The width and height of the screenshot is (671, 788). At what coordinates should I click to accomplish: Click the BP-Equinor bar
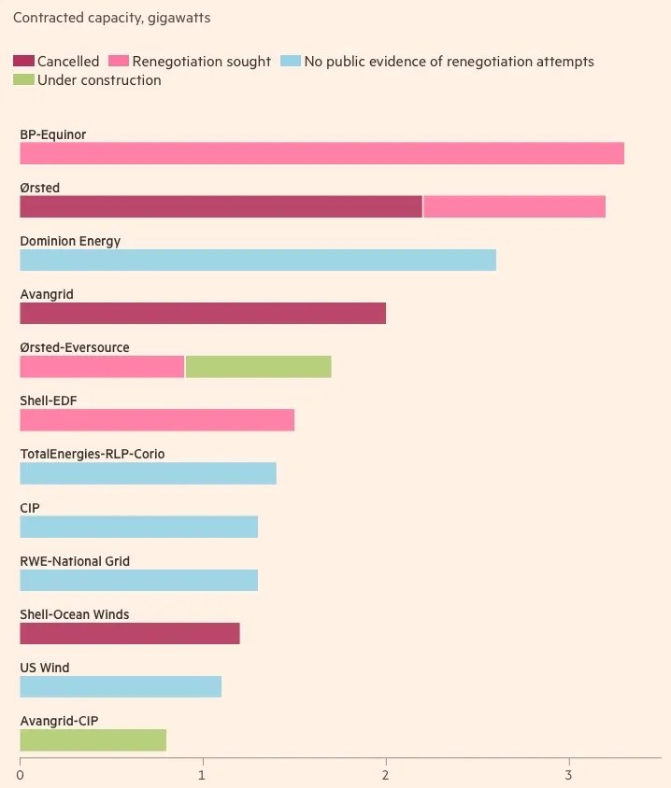tap(321, 153)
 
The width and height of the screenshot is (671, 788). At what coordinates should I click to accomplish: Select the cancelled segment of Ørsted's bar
tap(221, 206)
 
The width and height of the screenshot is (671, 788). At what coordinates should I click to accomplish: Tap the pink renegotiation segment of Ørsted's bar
tap(514, 206)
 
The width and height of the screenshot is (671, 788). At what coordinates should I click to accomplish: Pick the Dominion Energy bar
tap(258, 260)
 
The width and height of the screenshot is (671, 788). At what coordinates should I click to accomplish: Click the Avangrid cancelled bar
tap(203, 313)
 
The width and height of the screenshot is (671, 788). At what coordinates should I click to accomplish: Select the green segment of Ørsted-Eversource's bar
tap(258, 366)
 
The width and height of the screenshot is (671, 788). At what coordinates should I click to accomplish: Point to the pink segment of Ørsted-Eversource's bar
tap(102, 366)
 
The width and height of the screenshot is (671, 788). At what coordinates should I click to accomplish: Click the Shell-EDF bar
tap(157, 419)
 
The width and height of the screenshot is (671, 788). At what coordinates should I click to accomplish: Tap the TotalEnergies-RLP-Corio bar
tap(148, 473)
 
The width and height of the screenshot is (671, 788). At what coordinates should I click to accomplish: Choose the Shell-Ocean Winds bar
tap(130, 633)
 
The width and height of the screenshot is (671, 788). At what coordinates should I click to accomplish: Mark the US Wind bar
tap(121, 686)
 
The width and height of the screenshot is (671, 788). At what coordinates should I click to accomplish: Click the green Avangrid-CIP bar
tap(93, 739)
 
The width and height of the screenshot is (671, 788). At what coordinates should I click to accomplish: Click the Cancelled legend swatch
tap(23, 62)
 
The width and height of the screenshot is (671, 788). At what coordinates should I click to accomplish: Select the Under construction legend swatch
tap(23, 80)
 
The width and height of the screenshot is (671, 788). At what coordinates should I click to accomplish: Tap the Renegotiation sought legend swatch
tap(119, 62)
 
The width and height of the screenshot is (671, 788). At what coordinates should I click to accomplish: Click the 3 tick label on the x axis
tap(568, 775)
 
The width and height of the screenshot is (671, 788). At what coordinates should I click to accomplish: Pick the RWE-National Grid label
tap(75, 561)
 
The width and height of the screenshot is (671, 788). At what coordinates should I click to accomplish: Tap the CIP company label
tap(30, 508)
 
